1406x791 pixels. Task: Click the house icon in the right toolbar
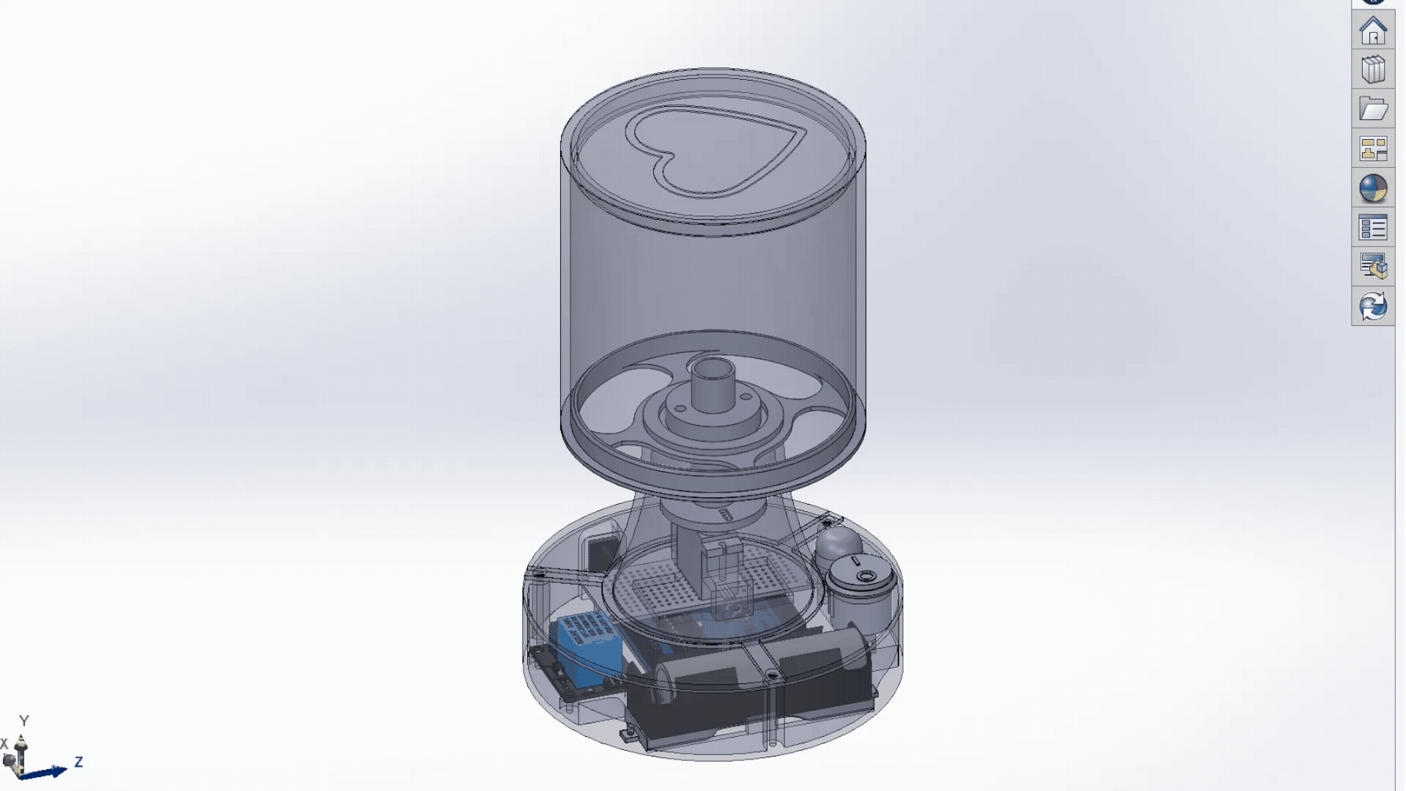(x=1373, y=31)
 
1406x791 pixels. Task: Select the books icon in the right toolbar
(x=1373, y=70)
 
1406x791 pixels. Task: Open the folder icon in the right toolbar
(x=1373, y=109)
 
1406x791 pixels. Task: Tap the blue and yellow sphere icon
(x=1373, y=188)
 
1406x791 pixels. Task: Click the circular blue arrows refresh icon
(x=1373, y=306)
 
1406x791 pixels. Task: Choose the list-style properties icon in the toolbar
(x=1373, y=228)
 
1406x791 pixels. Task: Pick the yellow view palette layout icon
(x=1373, y=149)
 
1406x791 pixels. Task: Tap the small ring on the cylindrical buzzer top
(x=866, y=576)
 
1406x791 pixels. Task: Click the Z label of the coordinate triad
(x=78, y=762)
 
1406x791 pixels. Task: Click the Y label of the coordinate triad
(x=23, y=721)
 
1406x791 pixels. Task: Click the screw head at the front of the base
(x=772, y=675)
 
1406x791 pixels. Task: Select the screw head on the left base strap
(x=539, y=576)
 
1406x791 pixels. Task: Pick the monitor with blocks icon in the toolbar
(x=1373, y=267)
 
